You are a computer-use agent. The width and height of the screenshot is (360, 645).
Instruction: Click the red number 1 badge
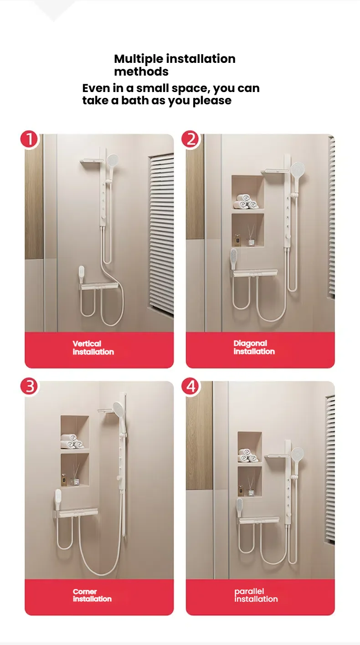(x=30, y=139)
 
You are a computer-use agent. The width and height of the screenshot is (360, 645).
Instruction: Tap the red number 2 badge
(x=191, y=139)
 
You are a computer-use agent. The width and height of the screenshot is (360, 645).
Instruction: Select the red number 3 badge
(x=30, y=386)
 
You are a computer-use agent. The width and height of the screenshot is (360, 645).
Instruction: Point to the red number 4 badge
(x=191, y=386)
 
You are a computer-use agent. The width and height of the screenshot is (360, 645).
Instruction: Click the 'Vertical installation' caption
(x=93, y=348)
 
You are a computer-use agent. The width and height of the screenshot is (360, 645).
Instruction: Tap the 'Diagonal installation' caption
(x=254, y=347)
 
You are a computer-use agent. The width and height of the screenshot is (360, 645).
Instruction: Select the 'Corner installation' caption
(x=92, y=595)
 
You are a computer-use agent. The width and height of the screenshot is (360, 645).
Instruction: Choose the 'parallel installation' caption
(x=256, y=595)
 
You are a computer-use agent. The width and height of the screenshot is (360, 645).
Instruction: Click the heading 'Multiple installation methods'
(x=175, y=65)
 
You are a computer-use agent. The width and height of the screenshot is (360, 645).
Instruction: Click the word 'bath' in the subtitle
(x=134, y=101)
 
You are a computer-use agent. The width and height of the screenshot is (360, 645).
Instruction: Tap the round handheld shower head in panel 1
(x=112, y=160)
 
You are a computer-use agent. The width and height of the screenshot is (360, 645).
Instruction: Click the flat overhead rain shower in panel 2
(x=275, y=171)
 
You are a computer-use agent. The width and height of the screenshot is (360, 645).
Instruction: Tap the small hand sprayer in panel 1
(x=81, y=272)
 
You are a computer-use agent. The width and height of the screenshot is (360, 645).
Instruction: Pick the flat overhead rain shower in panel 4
(x=278, y=456)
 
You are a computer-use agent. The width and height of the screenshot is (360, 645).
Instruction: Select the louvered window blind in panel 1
(x=161, y=232)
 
